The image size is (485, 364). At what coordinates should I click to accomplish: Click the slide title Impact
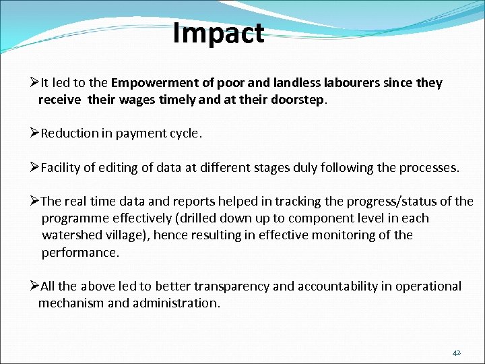click(x=218, y=33)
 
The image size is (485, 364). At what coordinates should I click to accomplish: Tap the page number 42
click(x=456, y=353)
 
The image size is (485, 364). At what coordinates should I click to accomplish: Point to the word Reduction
click(x=69, y=133)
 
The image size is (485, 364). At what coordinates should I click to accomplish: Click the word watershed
click(x=71, y=235)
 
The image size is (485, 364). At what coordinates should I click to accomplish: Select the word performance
click(x=79, y=252)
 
